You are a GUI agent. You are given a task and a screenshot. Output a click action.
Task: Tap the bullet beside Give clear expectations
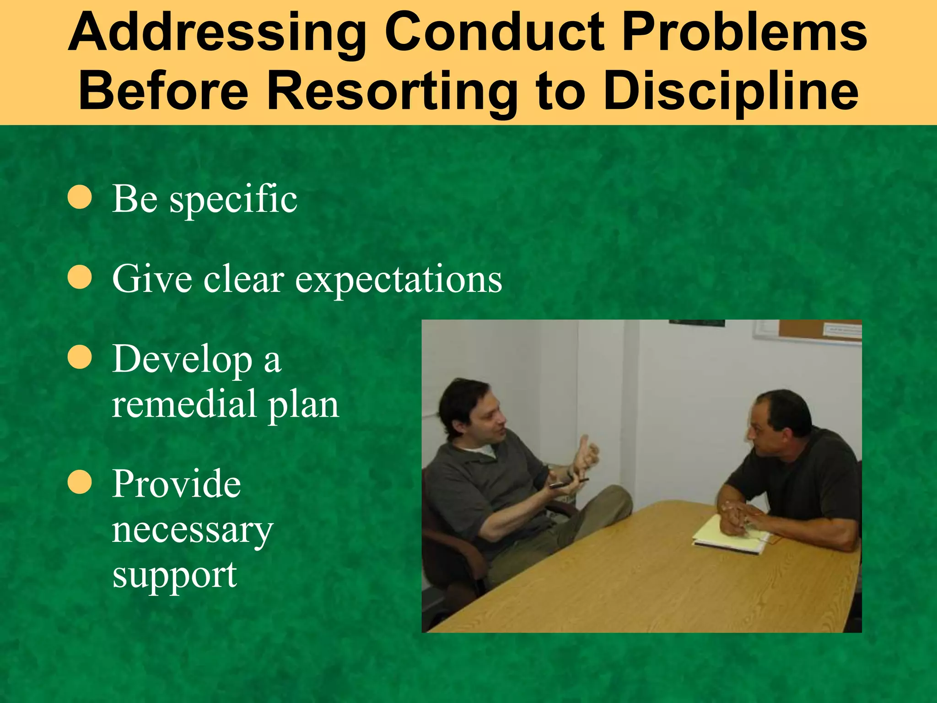point(80,277)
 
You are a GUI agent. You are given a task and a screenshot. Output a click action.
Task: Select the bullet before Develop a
point(80,357)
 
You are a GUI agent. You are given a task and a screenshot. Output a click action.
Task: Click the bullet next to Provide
point(80,482)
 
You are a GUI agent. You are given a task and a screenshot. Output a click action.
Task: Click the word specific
point(233,200)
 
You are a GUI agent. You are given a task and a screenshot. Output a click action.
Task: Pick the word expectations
point(398,279)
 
